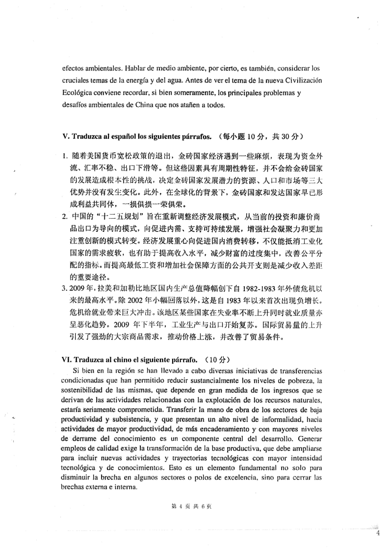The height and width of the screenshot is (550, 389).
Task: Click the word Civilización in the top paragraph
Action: [299, 80]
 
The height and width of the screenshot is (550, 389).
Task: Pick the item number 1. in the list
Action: [65, 156]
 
